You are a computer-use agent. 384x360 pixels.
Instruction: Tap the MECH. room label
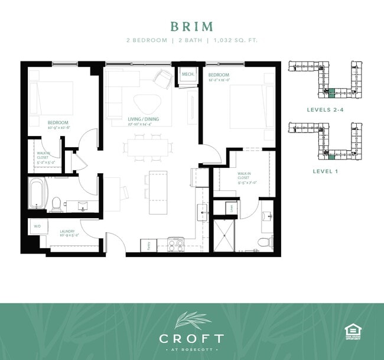click(x=188, y=74)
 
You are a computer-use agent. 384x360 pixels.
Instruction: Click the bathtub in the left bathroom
click(x=37, y=194)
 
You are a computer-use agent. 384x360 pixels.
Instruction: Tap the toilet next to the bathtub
click(x=57, y=203)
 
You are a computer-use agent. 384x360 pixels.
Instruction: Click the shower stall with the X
click(x=225, y=235)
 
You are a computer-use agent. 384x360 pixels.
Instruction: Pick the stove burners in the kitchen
click(x=176, y=242)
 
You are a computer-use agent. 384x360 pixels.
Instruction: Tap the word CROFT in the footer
click(x=191, y=339)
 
